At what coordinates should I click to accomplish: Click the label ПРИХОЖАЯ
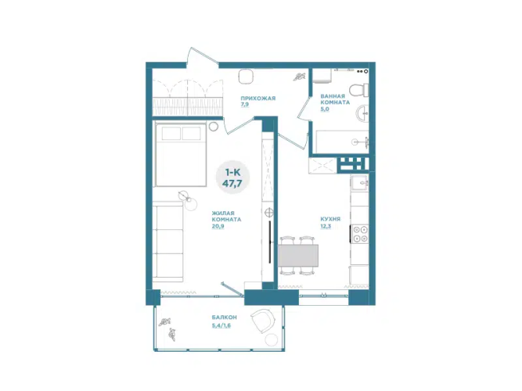(x=258, y=99)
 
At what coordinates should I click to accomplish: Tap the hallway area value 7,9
(x=245, y=105)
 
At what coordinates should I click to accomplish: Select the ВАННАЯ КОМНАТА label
(x=335, y=99)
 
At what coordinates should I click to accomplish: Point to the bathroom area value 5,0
(x=324, y=109)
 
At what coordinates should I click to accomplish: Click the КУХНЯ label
(x=330, y=219)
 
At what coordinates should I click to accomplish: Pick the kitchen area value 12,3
(x=326, y=226)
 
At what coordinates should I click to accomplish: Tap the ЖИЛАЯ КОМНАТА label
(x=226, y=217)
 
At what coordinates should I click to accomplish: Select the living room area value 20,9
(x=218, y=226)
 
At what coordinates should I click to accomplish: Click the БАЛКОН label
(x=224, y=317)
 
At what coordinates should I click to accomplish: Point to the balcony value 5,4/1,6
(x=221, y=325)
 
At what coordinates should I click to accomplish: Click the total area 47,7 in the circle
(x=232, y=183)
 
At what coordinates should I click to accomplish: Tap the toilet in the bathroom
(x=358, y=90)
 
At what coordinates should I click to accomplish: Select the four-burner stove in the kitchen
(x=360, y=234)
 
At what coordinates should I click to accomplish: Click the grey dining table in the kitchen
(x=298, y=256)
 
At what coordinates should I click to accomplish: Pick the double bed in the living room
(x=180, y=154)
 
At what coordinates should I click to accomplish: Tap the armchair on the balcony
(x=263, y=321)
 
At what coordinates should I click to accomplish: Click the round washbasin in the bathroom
(x=362, y=114)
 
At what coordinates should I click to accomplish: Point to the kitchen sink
(x=360, y=182)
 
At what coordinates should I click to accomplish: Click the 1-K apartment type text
(x=232, y=172)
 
